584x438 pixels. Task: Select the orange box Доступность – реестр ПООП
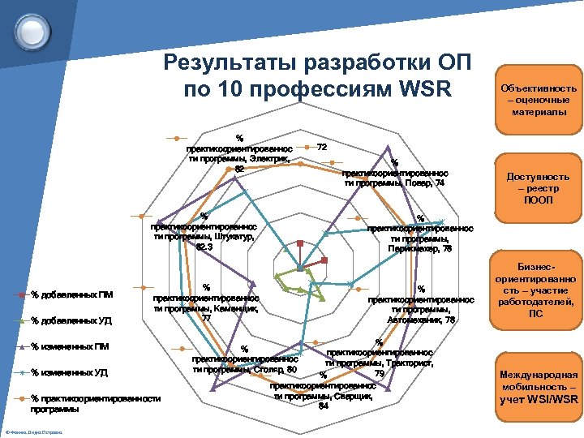click(537, 187)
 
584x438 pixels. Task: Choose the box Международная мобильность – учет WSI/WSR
click(538, 386)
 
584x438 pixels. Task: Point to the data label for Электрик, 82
click(238, 152)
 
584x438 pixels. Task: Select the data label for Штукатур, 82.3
click(204, 231)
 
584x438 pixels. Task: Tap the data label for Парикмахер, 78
click(420, 234)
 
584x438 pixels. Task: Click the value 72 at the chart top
click(322, 147)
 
